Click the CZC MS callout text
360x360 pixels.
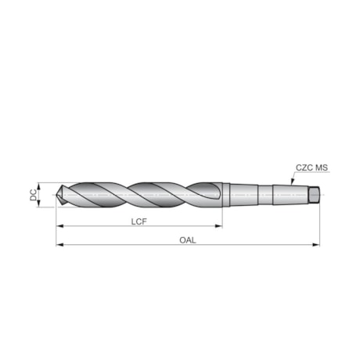click(311, 166)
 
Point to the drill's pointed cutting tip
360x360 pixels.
click(57, 196)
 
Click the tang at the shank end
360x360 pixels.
click(315, 192)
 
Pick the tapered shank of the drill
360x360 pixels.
click(270, 193)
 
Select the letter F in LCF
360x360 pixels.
click(146, 221)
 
